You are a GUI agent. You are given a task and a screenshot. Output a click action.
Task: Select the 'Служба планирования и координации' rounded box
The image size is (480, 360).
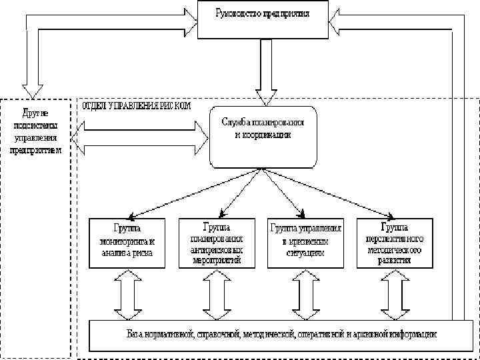(263, 137)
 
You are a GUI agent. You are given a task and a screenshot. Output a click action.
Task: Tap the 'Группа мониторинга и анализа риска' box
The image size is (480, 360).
(126, 243)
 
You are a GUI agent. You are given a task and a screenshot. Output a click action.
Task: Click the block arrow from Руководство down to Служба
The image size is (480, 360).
(266, 70)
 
